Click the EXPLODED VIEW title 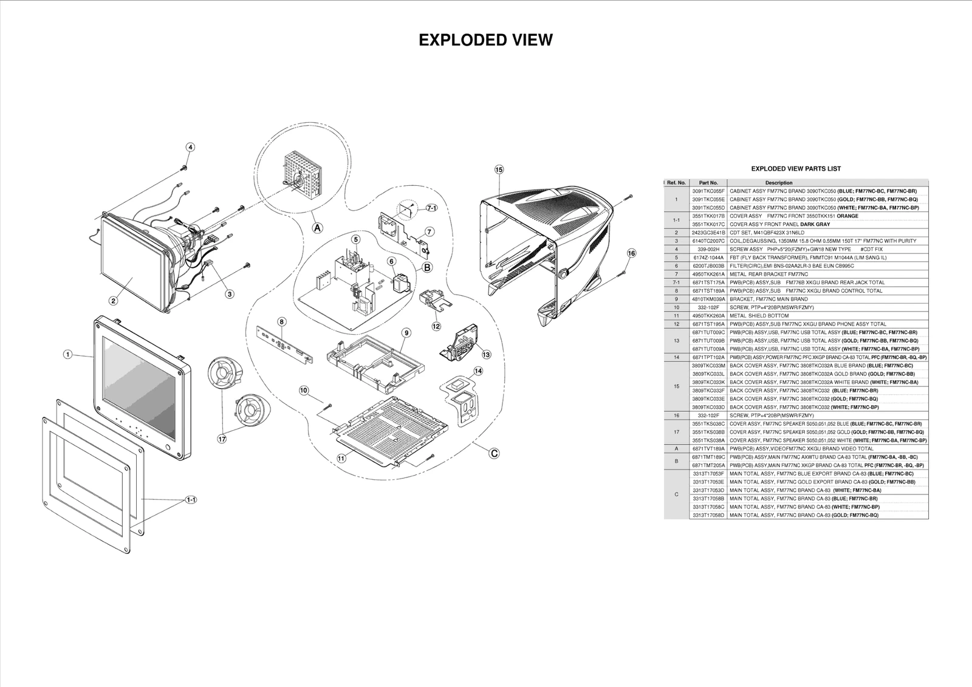point(485,40)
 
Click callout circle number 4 point(190,147)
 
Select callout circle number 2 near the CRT point(113,300)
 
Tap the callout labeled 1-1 point(191,499)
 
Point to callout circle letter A point(317,227)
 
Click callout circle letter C point(494,453)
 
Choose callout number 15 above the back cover point(499,169)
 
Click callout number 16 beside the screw point(631,253)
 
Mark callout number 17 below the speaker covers point(222,437)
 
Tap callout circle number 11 point(341,459)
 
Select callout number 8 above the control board point(282,321)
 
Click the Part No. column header point(708,182)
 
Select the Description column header point(778,182)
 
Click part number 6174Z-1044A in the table point(708,258)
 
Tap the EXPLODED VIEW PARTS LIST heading point(796,168)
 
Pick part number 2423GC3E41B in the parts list point(708,233)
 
